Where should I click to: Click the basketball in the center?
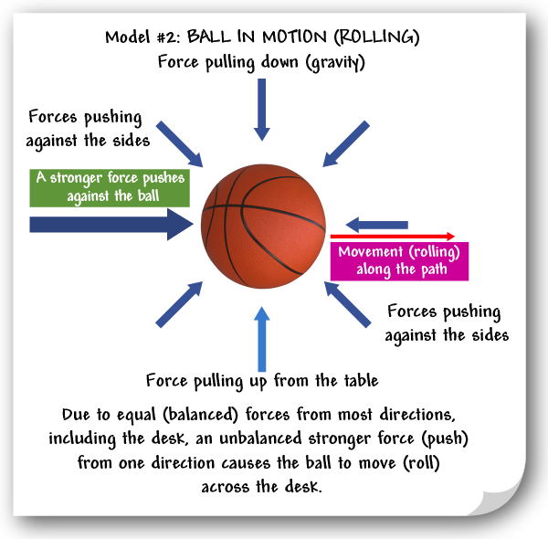pyautogui.click(x=263, y=226)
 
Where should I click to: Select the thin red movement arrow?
pyautogui.click(x=400, y=236)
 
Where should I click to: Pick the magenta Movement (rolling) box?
pyautogui.click(x=399, y=260)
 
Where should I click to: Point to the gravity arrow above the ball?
pyautogui.click(x=262, y=108)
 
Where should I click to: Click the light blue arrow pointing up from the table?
pyautogui.click(x=263, y=338)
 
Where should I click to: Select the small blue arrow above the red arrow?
pyautogui.click(x=376, y=224)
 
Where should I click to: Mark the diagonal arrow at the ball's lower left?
pyautogui.click(x=179, y=304)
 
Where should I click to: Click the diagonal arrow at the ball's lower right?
pyautogui.click(x=348, y=303)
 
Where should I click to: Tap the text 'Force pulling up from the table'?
pyautogui.click(x=262, y=380)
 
